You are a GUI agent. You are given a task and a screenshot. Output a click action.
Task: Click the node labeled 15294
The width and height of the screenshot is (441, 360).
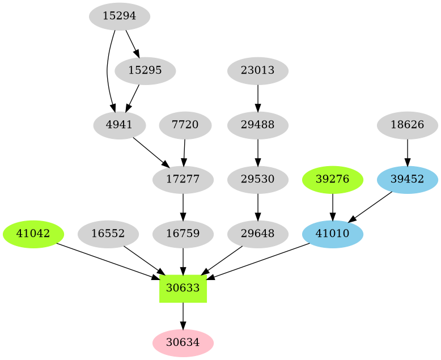pyautogui.click(x=120, y=16)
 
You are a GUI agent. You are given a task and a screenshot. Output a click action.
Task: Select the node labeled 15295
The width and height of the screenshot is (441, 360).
pyautogui.click(x=145, y=71)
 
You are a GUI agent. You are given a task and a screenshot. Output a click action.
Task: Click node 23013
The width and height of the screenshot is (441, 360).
pyautogui.click(x=258, y=71)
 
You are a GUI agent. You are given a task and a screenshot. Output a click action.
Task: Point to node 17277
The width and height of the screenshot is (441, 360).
pyautogui.click(x=183, y=179)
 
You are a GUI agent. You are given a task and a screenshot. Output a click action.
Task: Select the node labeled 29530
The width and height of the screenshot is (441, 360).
pyautogui.click(x=258, y=179)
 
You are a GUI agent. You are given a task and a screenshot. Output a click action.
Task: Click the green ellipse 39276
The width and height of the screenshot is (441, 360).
pyautogui.click(x=332, y=179)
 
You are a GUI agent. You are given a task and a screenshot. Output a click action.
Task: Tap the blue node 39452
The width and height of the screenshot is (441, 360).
pyautogui.click(x=407, y=179)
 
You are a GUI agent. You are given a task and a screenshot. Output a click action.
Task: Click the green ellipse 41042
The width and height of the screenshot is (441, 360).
pyautogui.click(x=33, y=233)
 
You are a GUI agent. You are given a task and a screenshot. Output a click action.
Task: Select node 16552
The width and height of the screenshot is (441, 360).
pyautogui.click(x=108, y=233)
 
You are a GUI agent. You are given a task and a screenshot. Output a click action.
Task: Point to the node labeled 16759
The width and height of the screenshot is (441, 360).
pyautogui.click(x=183, y=233)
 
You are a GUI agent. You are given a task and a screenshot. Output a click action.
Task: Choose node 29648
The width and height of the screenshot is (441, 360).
pyautogui.click(x=258, y=233)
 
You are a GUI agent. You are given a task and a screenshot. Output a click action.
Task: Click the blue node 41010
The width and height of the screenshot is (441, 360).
pyautogui.click(x=332, y=233)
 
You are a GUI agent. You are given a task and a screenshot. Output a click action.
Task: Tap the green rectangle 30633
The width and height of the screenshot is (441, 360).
pyautogui.click(x=183, y=287)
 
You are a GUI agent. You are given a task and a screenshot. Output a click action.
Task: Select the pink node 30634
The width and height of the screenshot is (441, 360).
pyautogui.click(x=183, y=342)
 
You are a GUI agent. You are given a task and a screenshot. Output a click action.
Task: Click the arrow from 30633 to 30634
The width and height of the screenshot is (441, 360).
pyautogui.click(x=183, y=315)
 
